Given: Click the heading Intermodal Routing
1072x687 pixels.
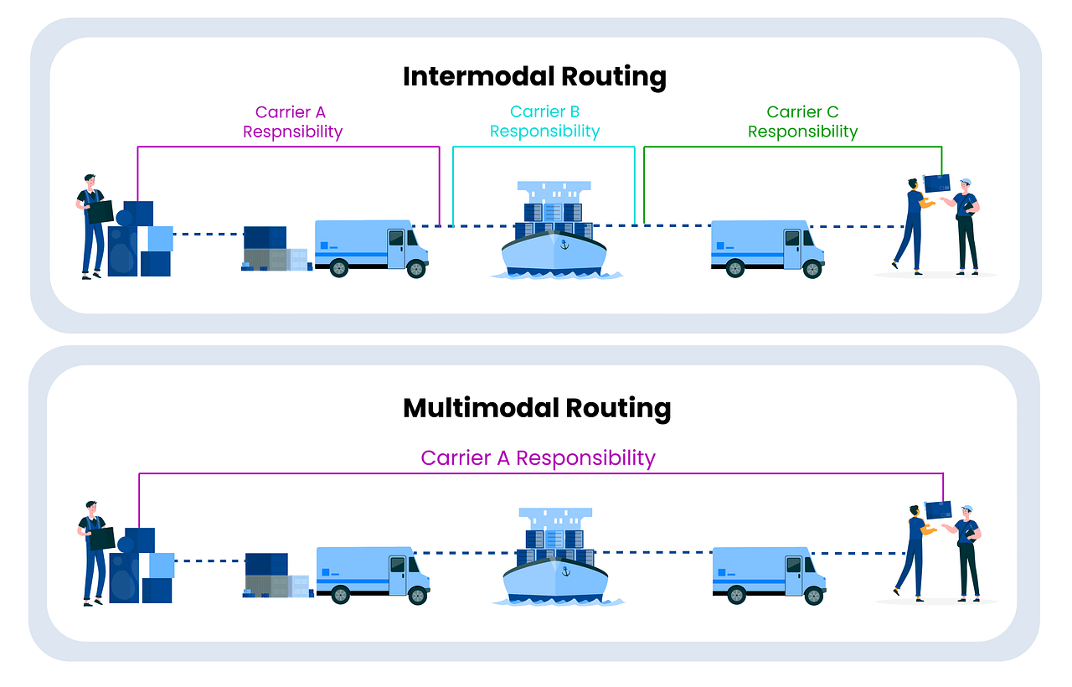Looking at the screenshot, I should coord(534,76).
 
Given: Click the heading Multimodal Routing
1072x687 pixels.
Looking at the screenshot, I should coord(536,408).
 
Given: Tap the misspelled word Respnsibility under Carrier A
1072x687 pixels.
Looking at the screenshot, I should coord(292,132).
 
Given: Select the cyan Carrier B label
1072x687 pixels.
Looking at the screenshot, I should coord(544,112).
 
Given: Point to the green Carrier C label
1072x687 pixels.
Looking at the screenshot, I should coord(802,112).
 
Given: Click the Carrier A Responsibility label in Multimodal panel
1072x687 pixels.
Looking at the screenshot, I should coord(538,458).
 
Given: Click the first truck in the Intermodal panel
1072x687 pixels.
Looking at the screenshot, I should coord(371,247).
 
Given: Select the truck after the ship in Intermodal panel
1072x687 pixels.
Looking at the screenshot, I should coord(767,247).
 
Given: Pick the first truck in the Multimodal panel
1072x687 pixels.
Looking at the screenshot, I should coord(373,574).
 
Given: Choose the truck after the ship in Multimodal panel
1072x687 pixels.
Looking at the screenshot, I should coord(769,574).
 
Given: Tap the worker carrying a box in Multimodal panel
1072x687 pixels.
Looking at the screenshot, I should coord(94,551).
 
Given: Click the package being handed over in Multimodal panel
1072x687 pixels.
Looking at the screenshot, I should coord(938,509).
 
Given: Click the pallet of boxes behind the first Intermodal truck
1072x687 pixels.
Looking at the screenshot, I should coord(275,250).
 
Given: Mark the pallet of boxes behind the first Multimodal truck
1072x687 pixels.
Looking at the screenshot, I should coord(276,576).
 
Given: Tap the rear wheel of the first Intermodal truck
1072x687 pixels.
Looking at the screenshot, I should coord(339,268).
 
